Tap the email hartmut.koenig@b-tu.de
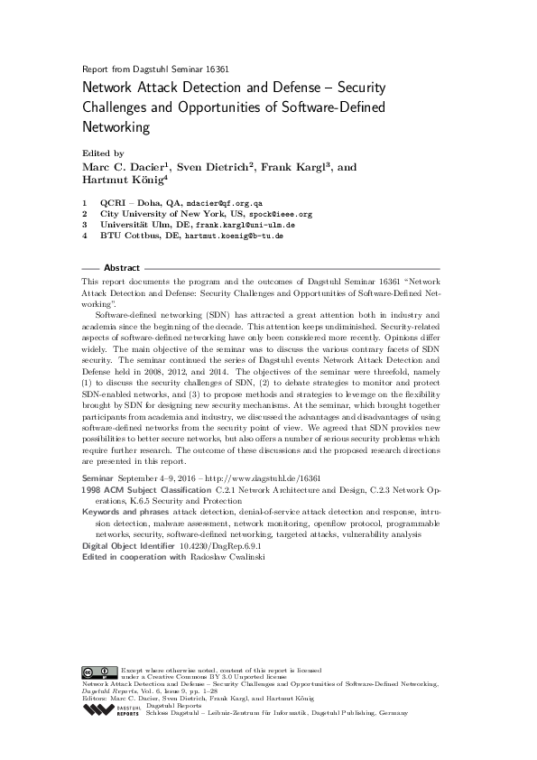(235, 236)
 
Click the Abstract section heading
(122, 268)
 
